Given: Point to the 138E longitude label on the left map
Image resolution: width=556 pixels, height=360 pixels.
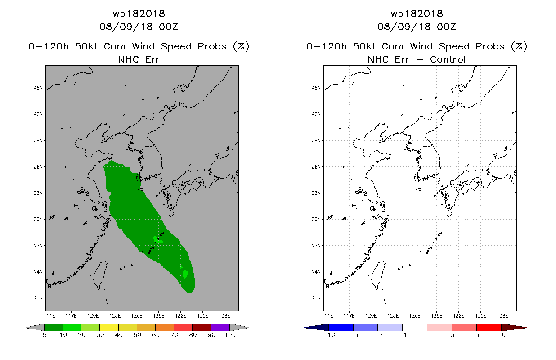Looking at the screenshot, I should pyautogui.click(x=224, y=315).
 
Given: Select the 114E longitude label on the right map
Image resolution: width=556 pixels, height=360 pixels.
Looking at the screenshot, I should pyautogui.click(x=328, y=315).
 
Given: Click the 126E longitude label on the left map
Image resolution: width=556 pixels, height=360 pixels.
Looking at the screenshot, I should pyautogui.click(x=137, y=315).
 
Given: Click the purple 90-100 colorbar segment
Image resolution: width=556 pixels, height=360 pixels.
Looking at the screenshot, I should pyautogui.click(x=220, y=327).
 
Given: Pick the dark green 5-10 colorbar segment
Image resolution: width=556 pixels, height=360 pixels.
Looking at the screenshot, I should pyautogui.click(x=54, y=327).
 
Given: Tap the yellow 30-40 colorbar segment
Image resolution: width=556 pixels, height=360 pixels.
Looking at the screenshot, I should pyautogui.click(x=109, y=327).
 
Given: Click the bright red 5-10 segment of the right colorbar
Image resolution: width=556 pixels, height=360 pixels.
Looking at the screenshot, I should pyautogui.click(x=489, y=327).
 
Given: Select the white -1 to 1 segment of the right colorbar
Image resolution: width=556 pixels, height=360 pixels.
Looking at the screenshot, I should pyautogui.click(x=414, y=327).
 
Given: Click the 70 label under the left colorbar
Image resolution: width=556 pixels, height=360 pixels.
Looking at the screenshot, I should pyautogui.click(x=174, y=335).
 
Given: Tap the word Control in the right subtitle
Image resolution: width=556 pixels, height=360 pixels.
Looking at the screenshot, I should pyautogui.click(x=448, y=59).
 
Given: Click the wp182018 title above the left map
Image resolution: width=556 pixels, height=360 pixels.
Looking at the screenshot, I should pyautogui.click(x=139, y=14).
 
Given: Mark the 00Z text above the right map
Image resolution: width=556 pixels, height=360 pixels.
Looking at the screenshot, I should pyautogui.click(x=446, y=27).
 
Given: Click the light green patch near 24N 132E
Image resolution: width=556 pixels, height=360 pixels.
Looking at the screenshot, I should pyautogui.click(x=185, y=274).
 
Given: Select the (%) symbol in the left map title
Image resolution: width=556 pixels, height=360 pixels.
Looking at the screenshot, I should pyautogui.click(x=241, y=46).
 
